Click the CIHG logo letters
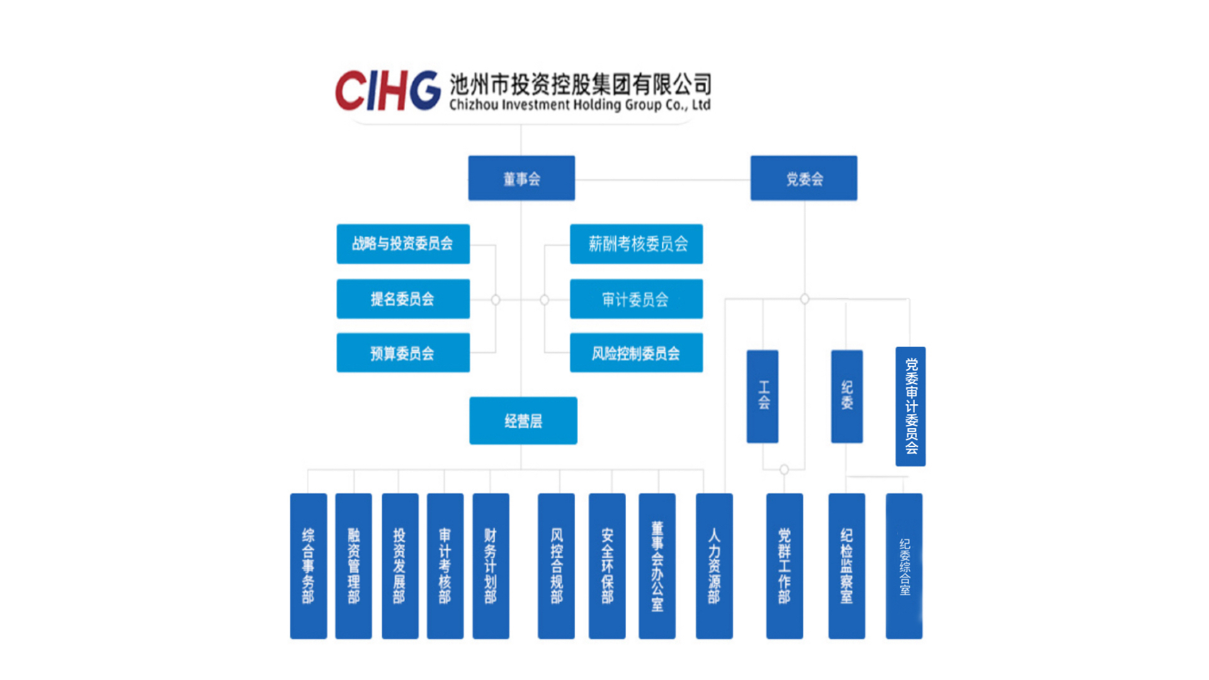coord(387,91)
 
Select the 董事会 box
coord(521,178)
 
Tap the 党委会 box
coord(803,178)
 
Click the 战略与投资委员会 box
coord(403,244)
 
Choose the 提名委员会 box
coord(403,298)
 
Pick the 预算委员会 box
coord(403,353)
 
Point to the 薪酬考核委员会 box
coord(636,244)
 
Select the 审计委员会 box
coord(636,298)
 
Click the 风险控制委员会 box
coord(636,353)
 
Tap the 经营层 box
coord(523,421)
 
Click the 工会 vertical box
coord(763,396)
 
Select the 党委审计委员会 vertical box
coord(911,406)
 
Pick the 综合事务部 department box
coord(308,565)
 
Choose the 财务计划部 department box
coord(491,565)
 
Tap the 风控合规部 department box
coord(556,565)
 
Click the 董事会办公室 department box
coord(657,565)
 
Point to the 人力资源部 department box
coord(714,565)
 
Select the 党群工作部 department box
coord(784,565)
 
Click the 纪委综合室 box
coord(904,565)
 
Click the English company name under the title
coord(579,105)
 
